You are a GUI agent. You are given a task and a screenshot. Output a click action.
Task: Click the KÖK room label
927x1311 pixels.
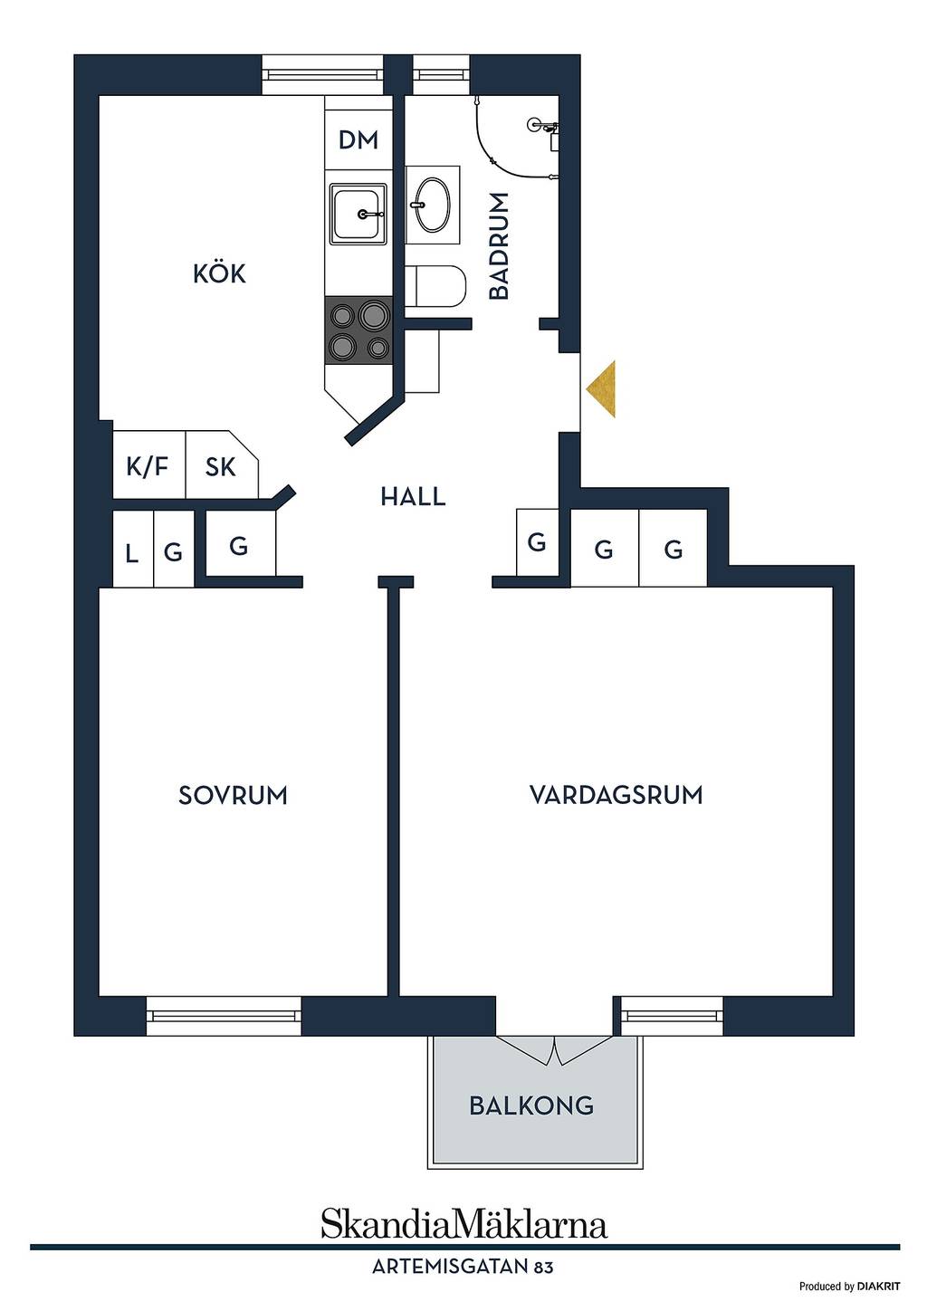[219, 274]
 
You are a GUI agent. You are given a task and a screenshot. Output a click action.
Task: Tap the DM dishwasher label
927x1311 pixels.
[358, 139]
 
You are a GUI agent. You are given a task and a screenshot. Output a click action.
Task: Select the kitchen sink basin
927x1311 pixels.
[358, 213]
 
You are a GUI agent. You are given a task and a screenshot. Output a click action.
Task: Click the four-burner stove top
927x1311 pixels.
[358, 330]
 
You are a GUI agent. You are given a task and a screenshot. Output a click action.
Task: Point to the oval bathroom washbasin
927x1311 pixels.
[433, 205]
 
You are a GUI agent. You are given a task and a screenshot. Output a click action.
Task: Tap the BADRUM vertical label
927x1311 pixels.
[499, 246]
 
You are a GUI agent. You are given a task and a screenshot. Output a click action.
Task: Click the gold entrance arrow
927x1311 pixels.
[600, 389]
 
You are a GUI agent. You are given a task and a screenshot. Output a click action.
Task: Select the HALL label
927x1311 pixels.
[413, 497]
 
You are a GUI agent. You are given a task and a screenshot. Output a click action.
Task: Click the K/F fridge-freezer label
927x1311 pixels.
[148, 467]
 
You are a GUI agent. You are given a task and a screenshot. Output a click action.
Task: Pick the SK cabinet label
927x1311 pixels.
[220, 467]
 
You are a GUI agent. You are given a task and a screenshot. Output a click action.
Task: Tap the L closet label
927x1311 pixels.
[131, 553]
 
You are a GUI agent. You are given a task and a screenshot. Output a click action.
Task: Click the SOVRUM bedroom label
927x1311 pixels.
[233, 795]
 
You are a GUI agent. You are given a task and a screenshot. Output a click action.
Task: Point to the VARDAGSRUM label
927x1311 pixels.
[616, 795]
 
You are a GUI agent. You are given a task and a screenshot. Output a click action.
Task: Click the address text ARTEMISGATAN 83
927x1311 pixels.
[463, 1268]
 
